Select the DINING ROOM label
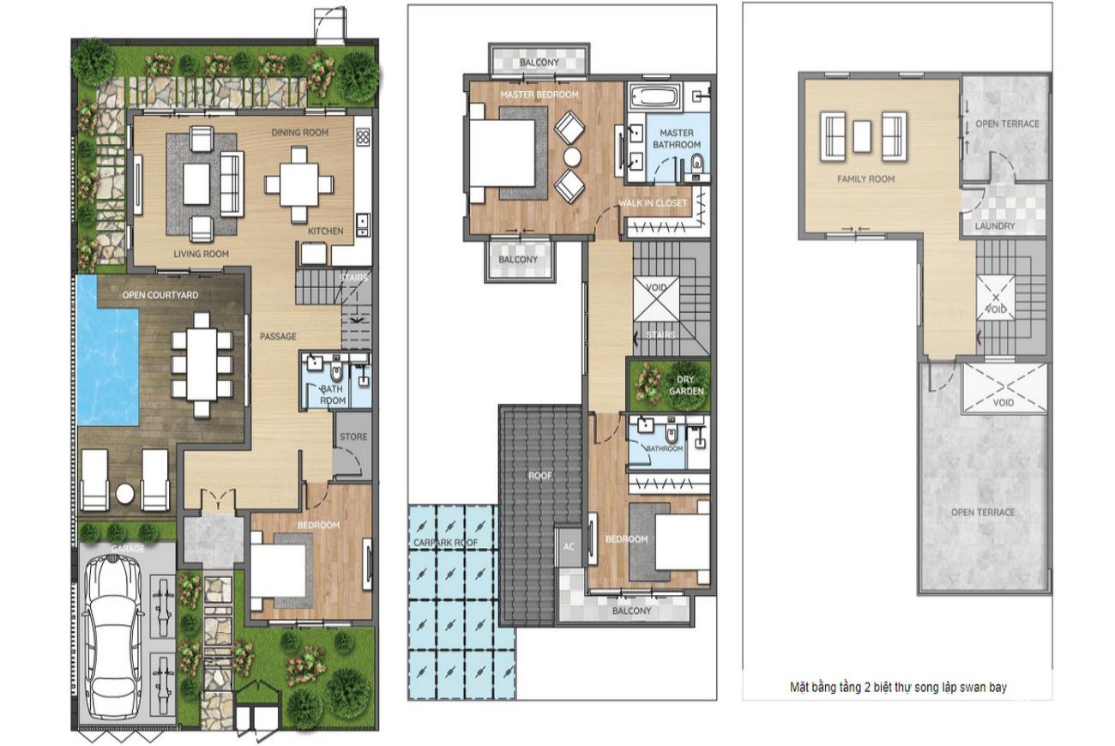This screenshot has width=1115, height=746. coord(299,132)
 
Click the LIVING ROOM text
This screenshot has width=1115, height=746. coord(201,254)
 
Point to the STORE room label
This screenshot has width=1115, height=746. coord(353,436)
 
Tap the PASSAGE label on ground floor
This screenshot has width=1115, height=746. coord(278,336)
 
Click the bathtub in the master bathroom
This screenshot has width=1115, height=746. coord(654,98)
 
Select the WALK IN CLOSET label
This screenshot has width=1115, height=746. coord(653,203)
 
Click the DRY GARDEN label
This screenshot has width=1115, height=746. coord(686,385)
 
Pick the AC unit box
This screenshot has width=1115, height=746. coord(569,546)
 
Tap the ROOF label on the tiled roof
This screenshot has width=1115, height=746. coord(540,476)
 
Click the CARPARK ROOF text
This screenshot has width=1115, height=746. coord(445,543)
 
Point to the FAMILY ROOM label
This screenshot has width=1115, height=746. coord(865,178)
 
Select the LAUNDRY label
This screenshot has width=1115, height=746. coord(995,226)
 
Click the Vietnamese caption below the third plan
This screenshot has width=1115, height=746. coord(898,688)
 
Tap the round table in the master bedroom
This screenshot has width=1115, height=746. coord(572,157)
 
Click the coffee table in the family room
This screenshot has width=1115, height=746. coord(862,136)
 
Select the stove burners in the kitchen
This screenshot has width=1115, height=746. coord(363,136)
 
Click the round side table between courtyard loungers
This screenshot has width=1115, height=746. coord(124,494)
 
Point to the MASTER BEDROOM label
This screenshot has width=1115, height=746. coord(539,94)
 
